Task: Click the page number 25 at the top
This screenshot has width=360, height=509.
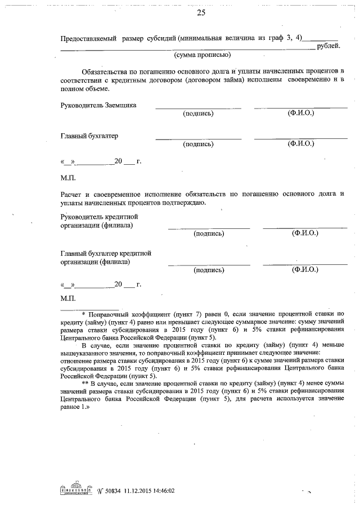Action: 201,12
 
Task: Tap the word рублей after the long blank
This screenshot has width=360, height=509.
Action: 328,46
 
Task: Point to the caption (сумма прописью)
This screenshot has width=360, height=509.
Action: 202,55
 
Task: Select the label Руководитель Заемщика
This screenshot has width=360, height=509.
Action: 98,105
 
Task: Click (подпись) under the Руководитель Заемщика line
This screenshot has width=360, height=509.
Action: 198,114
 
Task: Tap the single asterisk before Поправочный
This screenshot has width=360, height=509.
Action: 83,313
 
